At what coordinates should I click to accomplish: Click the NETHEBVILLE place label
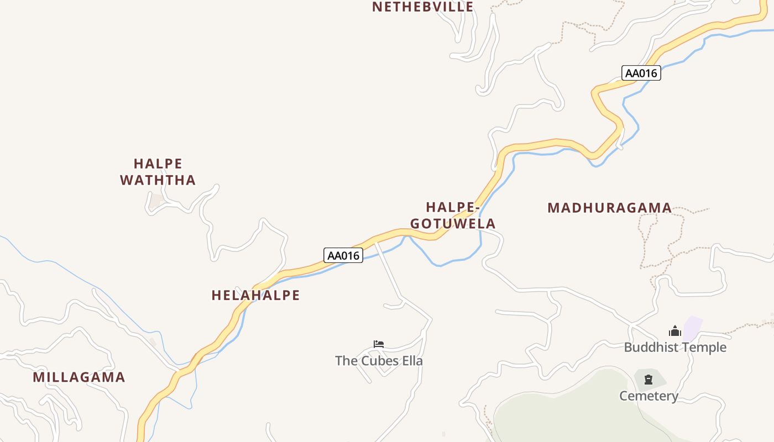click(422, 7)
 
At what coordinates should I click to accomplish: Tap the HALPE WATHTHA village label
click(158, 172)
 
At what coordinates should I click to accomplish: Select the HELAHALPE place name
click(255, 295)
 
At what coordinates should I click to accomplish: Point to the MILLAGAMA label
click(79, 377)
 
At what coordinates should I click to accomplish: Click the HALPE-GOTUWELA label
click(453, 215)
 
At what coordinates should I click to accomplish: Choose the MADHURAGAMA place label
click(609, 208)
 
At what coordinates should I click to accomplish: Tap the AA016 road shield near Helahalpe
click(343, 255)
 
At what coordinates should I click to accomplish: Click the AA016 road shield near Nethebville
click(641, 73)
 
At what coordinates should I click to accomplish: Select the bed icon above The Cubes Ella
click(379, 344)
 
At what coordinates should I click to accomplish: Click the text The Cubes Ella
click(379, 361)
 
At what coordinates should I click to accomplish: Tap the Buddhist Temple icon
click(675, 331)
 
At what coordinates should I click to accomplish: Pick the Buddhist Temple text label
click(675, 347)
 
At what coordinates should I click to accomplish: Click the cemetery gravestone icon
click(649, 380)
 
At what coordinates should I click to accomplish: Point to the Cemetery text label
click(649, 396)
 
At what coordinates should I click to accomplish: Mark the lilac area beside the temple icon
click(693, 328)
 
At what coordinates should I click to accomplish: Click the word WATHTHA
click(158, 180)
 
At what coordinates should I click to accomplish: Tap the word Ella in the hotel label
click(412, 361)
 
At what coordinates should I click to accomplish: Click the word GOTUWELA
click(453, 224)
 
